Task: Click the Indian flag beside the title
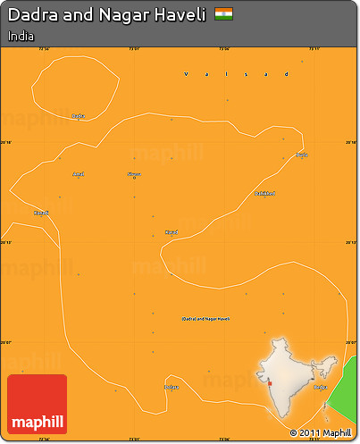click(x=224, y=14)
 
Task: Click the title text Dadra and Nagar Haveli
click(x=106, y=15)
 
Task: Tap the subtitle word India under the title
click(x=21, y=37)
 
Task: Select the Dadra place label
click(x=78, y=115)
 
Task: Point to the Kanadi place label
click(x=41, y=213)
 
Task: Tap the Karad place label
click(x=171, y=232)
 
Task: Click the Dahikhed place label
click(x=264, y=193)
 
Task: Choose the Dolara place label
click(x=172, y=387)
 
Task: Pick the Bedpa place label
click(x=321, y=388)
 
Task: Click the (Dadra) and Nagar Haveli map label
click(x=206, y=318)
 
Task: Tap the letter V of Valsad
click(x=185, y=75)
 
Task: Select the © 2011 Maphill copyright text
click(x=321, y=433)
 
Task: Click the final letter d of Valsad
click(x=285, y=75)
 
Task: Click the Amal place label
click(x=79, y=173)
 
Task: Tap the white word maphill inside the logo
click(x=37, y=422)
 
